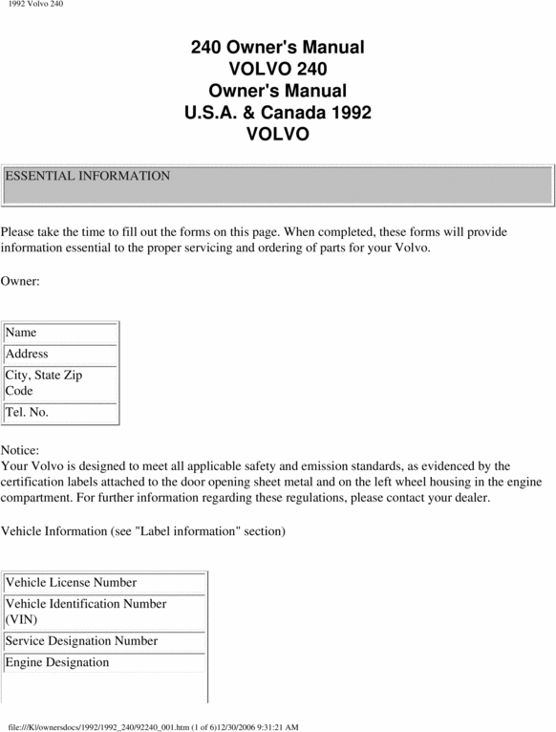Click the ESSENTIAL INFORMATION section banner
277,183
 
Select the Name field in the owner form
60,333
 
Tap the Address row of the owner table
60,354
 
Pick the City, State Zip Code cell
60,382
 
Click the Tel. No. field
60,413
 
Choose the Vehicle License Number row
104,582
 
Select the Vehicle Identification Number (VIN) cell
104,612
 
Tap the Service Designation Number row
104,641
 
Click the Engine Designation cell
104,662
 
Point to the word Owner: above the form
20,281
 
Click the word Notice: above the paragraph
21,449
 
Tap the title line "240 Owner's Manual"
277,47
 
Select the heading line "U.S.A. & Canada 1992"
277,113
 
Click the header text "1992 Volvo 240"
35,6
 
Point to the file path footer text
153,726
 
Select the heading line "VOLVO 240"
277,69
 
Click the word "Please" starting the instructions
19,231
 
